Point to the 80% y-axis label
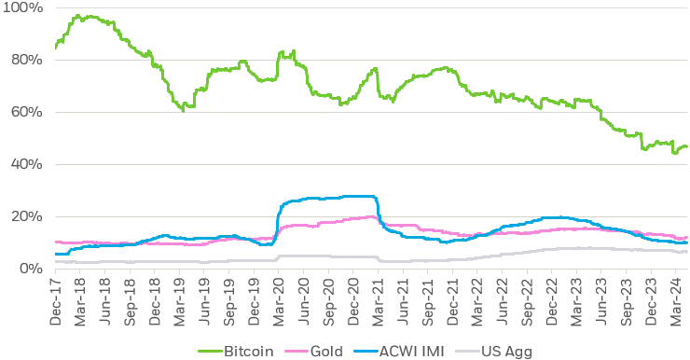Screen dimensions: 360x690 tap(23, 61)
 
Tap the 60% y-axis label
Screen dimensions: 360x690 tap(23, 113)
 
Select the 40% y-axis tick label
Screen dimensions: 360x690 tap(23, 165)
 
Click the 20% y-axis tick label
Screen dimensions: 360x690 tap(23, 217)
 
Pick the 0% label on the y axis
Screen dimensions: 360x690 tap(27, 269)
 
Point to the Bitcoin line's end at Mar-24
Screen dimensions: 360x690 tap(686, 146)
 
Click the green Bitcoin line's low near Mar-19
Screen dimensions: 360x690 tap(184, 110)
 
